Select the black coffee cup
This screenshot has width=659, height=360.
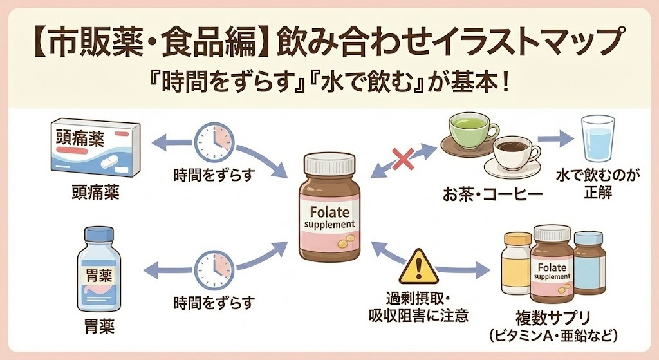coord(516,154)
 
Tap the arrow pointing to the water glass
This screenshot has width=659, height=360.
coord(555,138)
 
